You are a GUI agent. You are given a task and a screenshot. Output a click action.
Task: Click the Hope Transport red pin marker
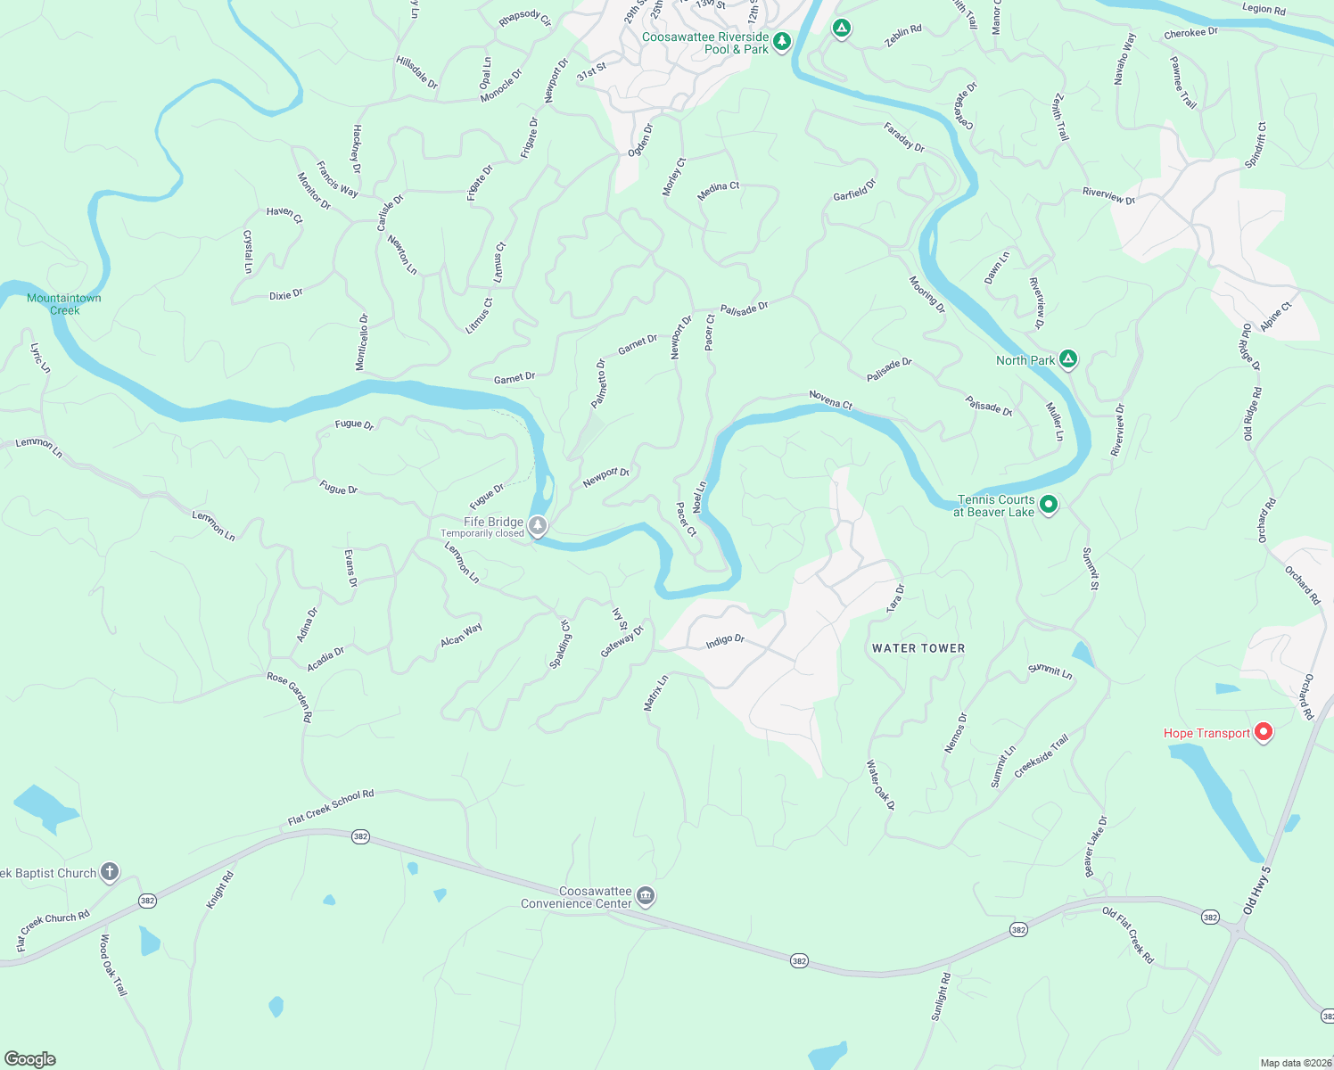click(x=1263, y=733)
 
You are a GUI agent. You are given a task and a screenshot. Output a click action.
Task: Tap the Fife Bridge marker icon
click(x=537, y=526)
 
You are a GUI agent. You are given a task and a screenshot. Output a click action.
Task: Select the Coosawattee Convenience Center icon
click(x=646, y=896)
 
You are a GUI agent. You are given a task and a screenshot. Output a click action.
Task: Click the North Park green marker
click(x=1068, y=359)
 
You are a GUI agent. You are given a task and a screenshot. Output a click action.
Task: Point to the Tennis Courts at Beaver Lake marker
click(x=1049, y=505)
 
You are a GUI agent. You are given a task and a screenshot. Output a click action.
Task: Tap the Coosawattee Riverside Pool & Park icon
click(x=782, y=41)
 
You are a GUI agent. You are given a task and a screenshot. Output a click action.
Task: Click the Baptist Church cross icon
click(x=110, y=872)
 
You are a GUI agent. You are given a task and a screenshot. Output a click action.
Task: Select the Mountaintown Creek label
click(x=64, y=304)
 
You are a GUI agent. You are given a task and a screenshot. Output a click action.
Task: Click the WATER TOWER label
click(x=918, y=648)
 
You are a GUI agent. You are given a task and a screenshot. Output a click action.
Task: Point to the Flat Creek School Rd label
click(x=331, y=807)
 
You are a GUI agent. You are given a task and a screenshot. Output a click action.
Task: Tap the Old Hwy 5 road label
click(x=1256, y=889)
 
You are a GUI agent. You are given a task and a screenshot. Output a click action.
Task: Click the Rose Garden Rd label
click(x=290, y=696)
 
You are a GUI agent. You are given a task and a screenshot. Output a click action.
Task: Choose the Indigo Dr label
click(x=725, y=641)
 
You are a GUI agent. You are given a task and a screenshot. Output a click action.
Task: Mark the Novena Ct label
click(x=831, y=399)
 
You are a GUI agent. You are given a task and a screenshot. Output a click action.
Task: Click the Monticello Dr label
click(x=361, y=342)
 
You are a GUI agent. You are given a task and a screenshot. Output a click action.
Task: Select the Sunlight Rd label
click(x=941, y=997)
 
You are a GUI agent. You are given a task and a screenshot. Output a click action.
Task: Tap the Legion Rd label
click(x=1264, y=9)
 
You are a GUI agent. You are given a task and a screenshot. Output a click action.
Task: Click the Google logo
click(x=29, y=1058)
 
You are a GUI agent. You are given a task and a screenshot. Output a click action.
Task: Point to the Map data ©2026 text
click(x=1295, y=1063)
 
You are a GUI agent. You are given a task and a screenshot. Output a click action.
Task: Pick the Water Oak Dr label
click(x=880, y=785)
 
